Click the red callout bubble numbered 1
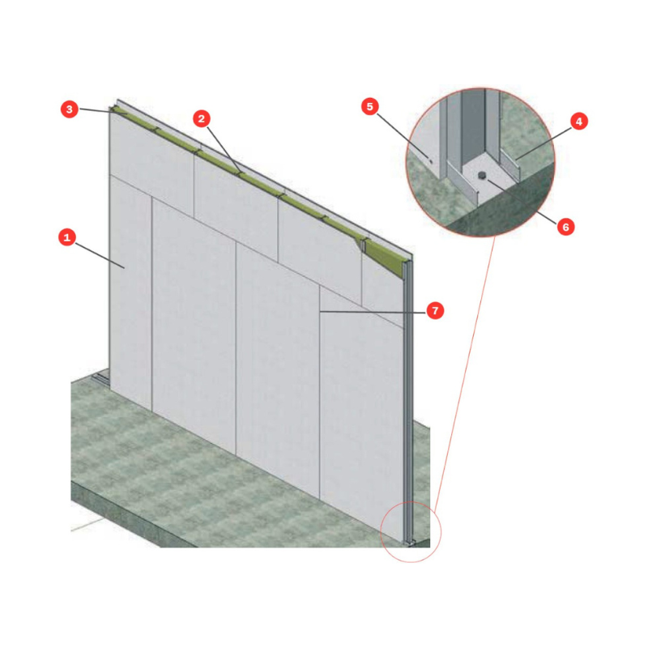point(67,237)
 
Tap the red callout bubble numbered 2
point(201,118)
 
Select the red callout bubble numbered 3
point(70,109)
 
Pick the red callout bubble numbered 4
point(578,121)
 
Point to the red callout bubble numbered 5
point(370,106)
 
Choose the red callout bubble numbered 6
point(565,227)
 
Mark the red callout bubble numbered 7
point(435,310)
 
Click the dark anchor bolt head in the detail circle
point(481,175)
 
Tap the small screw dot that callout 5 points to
point(430,161)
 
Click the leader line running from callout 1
point(100,255)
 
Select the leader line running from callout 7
point(373,312)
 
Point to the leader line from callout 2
point(224,150)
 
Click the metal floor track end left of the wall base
point(100,378)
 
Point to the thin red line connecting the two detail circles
point(464,372)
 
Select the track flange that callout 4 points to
point(510,164)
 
